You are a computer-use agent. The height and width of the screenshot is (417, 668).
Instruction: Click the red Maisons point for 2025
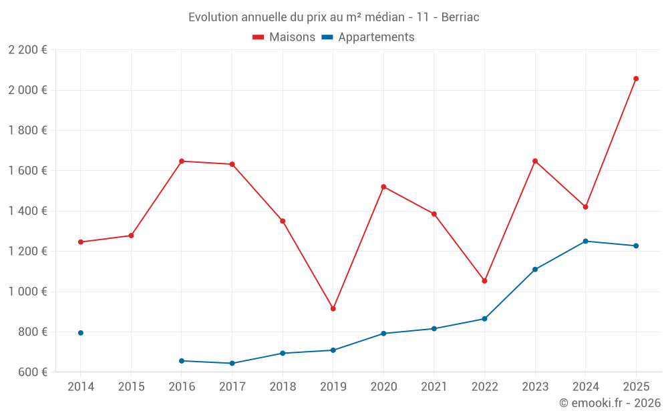636,79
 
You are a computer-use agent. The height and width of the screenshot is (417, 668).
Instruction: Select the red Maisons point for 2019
333,308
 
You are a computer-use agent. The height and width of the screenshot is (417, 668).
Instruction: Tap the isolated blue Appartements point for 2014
81,333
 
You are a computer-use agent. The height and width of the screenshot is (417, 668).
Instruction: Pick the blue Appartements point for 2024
586,241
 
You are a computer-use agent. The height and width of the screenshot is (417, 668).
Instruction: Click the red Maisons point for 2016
182,161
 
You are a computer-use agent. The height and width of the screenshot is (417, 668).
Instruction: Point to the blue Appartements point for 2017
232,364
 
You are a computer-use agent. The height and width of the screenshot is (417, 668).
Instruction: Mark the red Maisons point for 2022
485,281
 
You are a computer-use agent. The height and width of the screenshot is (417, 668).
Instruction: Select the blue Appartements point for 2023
535,270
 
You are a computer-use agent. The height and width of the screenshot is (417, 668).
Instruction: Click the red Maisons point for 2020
383,187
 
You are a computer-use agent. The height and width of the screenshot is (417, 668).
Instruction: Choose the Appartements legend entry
368,37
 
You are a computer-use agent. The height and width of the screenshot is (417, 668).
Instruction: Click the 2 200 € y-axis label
27,49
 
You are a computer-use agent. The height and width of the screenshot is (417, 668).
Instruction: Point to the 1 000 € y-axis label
27,292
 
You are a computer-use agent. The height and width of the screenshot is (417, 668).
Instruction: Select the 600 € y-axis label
31,372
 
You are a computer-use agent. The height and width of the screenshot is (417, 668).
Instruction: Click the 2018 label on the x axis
283,387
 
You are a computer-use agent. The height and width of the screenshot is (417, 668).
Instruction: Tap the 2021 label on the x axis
434,387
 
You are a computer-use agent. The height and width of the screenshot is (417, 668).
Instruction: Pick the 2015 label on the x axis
131,387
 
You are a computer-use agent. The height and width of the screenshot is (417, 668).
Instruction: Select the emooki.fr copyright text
609,403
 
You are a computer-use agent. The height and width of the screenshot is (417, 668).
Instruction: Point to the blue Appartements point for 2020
383,334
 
